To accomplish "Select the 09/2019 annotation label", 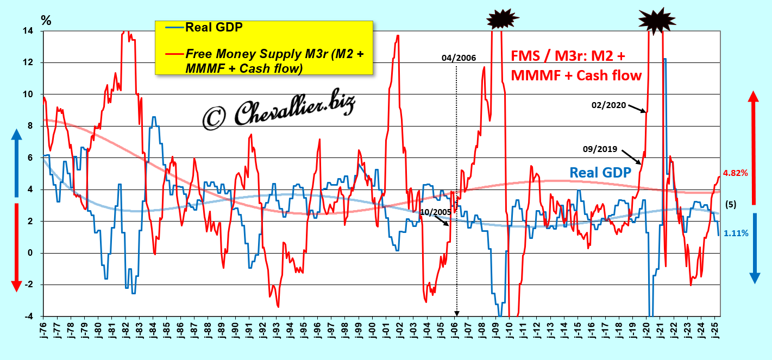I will point(600,148).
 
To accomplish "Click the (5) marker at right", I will point(731,205).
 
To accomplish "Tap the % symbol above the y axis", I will point(46,21).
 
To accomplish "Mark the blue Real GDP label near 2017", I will point(600,172).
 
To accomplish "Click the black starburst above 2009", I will point(503,20).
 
